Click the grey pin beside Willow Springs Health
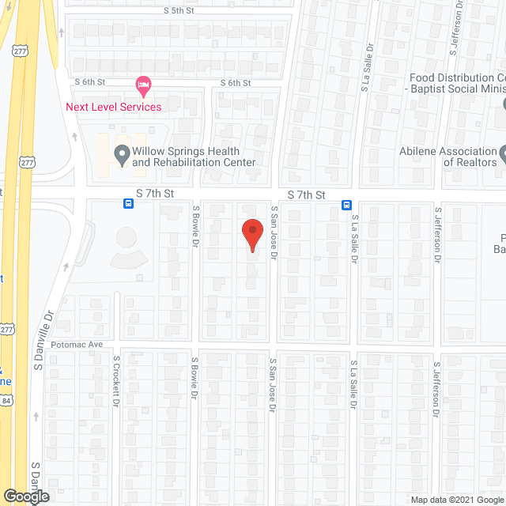122,154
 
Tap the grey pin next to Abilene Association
503,151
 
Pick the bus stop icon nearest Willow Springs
128,203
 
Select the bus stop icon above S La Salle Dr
346,205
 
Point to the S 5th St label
179,10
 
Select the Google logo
25,497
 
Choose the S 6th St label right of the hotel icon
235,83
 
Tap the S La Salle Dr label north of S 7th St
366,77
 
